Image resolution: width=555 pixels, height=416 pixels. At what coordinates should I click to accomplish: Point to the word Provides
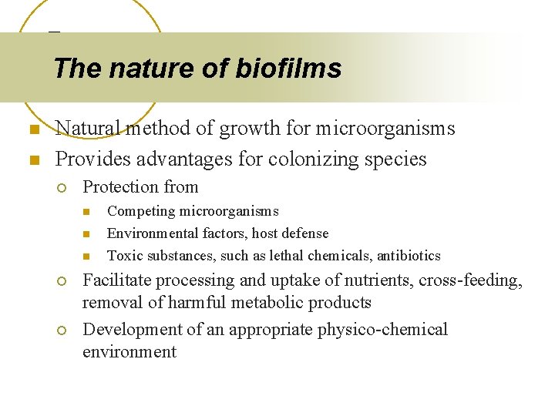89,159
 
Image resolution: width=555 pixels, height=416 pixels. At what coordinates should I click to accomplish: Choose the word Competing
136,211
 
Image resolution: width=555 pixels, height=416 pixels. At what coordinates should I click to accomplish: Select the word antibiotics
409,256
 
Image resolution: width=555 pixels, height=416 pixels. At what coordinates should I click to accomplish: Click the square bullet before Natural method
33,129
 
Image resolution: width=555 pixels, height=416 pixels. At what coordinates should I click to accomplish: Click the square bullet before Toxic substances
86,256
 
